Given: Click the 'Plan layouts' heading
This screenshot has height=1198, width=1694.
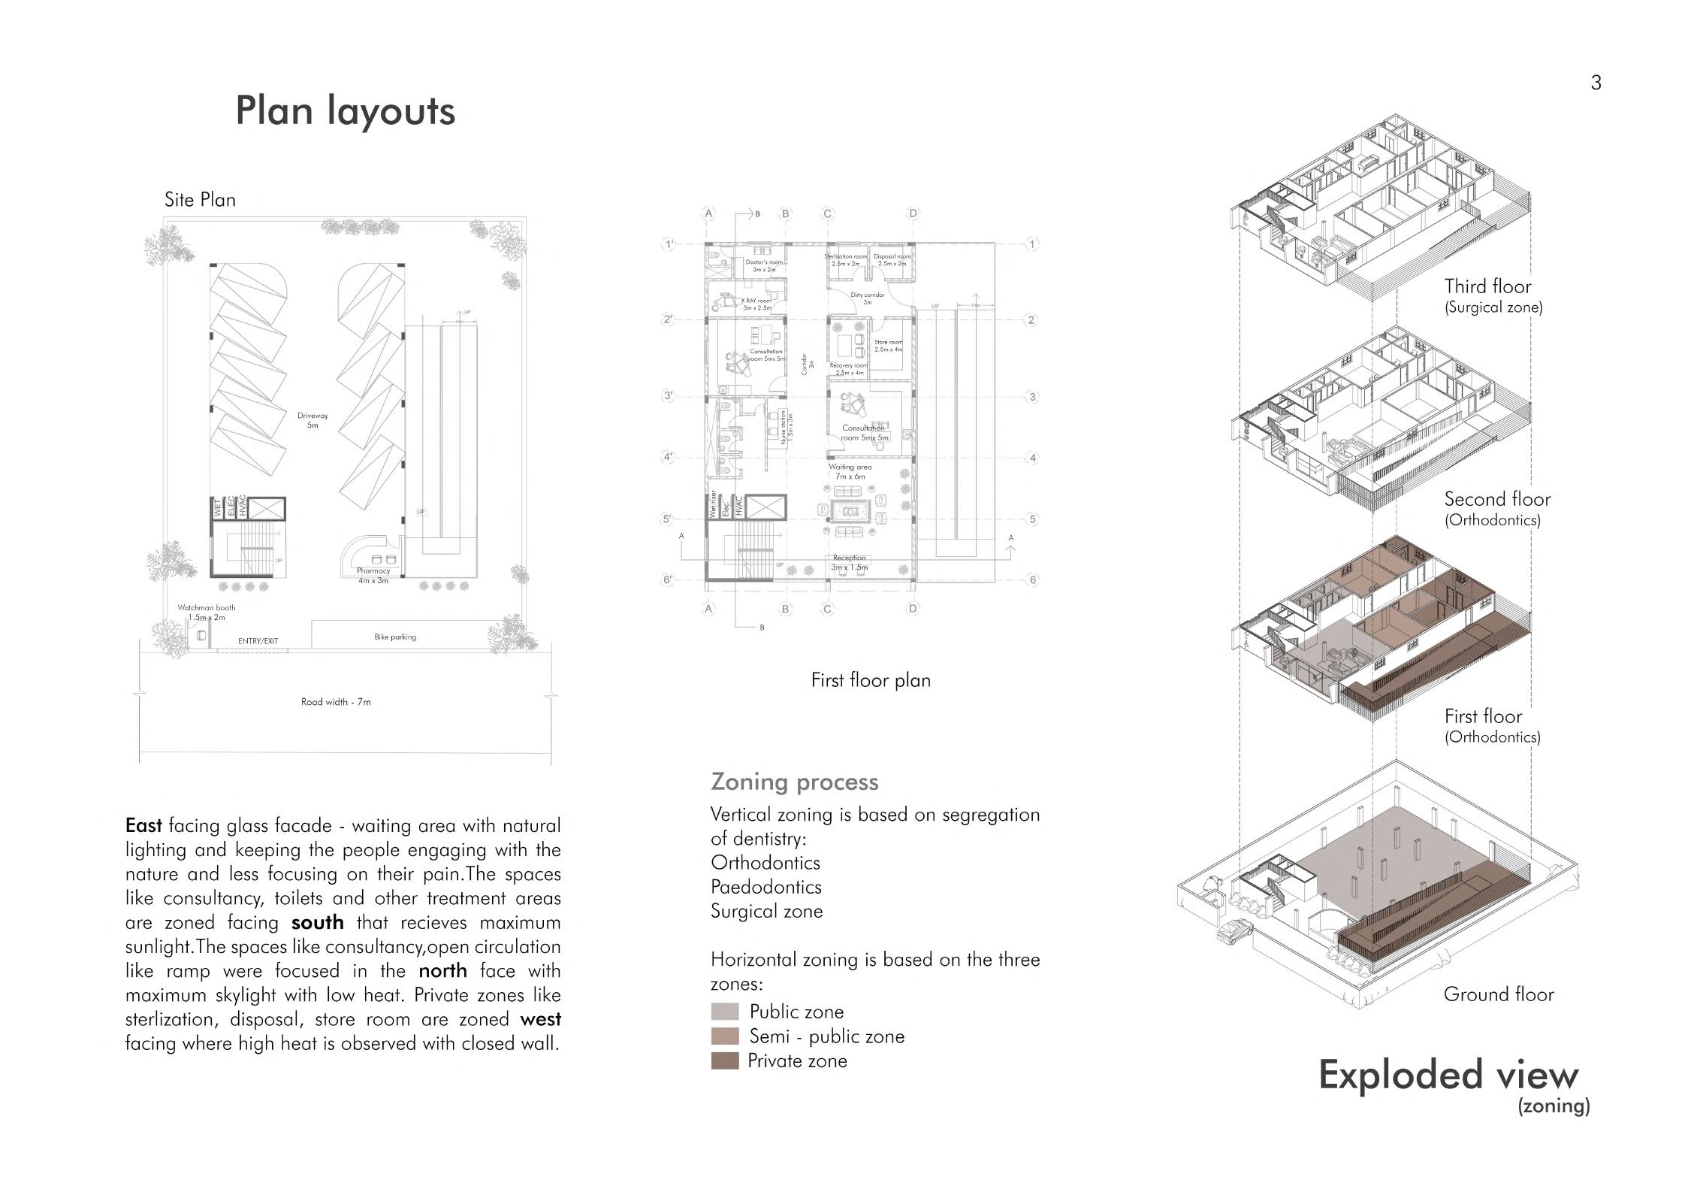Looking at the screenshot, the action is click(345, 110).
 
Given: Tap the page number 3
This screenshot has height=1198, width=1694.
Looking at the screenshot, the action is click(1596, 83).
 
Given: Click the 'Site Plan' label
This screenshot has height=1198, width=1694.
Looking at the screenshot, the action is click(200, 200).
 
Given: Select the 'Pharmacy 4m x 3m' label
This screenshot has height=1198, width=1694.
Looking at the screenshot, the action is click(373, 576).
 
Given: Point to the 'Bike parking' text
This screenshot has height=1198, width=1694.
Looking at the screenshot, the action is click(395, 637).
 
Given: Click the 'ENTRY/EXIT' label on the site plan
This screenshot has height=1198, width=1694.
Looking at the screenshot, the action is click(258, 641).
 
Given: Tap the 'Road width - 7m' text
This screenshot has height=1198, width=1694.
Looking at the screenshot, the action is click(336, 702).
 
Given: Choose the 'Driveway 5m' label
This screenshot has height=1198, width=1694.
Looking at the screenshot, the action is click(313, 420).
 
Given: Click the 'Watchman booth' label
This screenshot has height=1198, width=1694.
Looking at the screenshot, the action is click(206, 608).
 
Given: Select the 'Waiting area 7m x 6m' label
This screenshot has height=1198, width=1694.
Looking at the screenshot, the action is click(850, 471).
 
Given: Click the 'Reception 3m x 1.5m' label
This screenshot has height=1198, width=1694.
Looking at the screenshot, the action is click(849, 562).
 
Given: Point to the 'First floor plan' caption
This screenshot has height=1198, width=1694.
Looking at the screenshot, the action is click(871, 680).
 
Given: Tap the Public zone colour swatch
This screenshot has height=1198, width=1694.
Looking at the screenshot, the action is click(725, 1012).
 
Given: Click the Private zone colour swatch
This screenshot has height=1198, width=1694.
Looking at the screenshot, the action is click(725, 1061).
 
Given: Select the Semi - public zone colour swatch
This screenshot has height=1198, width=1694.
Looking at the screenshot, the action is click(725, 1036).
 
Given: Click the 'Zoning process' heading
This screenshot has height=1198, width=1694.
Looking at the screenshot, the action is click(795, 782).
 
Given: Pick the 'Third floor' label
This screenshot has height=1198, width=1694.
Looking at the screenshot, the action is click(1487, 286).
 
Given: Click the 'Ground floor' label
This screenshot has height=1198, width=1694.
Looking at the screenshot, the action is click(1499, 994).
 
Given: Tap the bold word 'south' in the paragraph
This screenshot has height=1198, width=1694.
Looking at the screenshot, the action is click(317, 922).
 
